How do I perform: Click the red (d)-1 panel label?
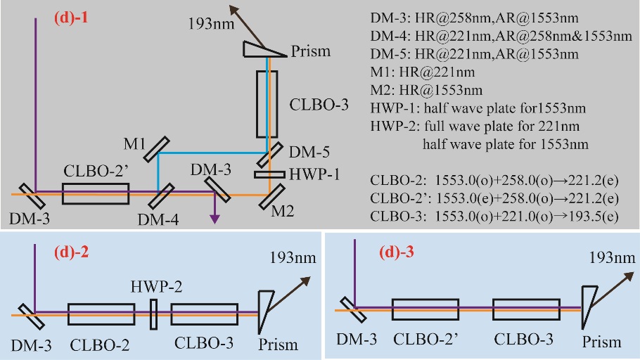(71, 18)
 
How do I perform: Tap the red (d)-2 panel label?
(72, 252)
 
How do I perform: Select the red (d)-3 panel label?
(397, 252)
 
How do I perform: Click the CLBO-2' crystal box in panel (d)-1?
(96, 193)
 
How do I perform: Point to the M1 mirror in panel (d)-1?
(157, 149)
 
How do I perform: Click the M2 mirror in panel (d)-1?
(271, 197)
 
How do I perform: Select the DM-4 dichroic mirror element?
(161, 196)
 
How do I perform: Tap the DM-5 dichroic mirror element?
(270, 154)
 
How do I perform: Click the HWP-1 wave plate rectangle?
(269, 174)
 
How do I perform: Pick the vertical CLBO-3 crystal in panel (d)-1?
(267, 104)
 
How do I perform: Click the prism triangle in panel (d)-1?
(264, 49)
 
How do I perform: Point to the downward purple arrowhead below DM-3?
(215, 219)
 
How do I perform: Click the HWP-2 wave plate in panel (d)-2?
(153, 314)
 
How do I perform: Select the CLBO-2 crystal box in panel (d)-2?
(101, 314)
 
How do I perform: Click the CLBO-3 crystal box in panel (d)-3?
(526, 309)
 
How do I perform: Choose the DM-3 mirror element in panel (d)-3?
(352, 310)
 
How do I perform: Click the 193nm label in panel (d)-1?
(211, 24)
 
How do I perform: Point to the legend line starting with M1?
(423, 72)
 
